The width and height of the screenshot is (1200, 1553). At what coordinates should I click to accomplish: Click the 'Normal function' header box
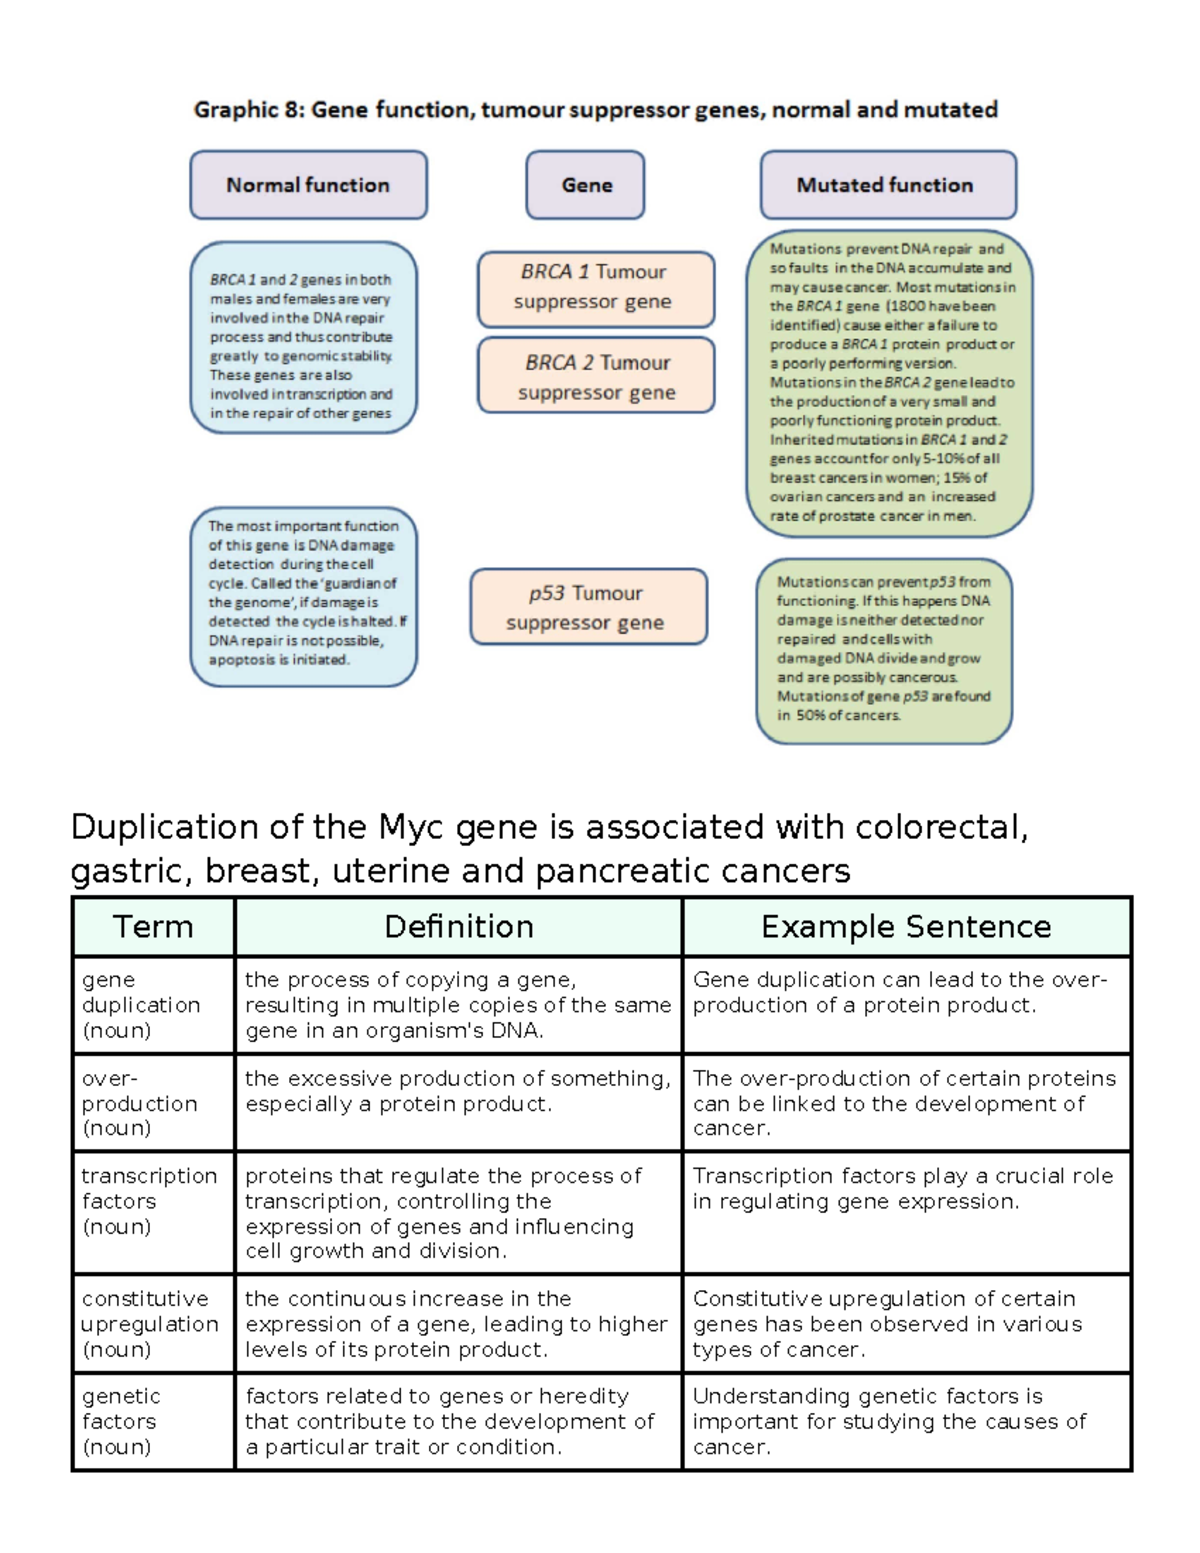pos(308,185)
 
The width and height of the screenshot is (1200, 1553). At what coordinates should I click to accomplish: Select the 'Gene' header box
pos(586,185)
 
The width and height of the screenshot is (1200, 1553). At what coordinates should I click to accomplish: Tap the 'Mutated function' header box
pos(887,185)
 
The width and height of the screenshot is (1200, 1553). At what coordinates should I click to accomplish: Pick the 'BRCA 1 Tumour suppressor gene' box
pos(595,288)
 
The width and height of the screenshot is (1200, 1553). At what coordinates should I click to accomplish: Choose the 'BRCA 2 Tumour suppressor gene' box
pos(596,376)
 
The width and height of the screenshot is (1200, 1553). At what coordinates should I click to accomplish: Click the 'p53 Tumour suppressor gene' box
pos(587,607)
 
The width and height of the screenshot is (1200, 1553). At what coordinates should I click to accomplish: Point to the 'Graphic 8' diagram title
pos(595,109)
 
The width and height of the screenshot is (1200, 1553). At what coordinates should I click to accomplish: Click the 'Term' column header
pos(153,927)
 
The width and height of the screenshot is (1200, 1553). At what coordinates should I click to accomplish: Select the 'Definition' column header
pos(458,927)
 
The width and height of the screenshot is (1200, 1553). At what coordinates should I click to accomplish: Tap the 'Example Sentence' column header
pos(905,927)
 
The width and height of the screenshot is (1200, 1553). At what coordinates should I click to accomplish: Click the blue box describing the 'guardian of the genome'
pos(303,596)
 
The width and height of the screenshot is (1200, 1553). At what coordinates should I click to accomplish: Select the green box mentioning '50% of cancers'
pos(884,650)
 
